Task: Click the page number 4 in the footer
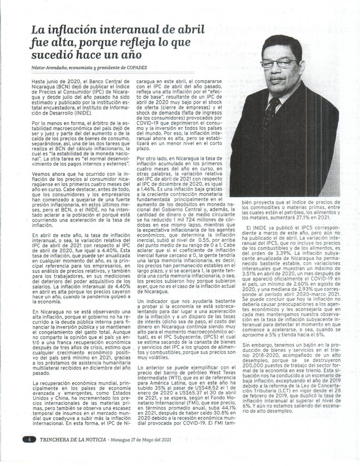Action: click(x=28, y=440)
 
